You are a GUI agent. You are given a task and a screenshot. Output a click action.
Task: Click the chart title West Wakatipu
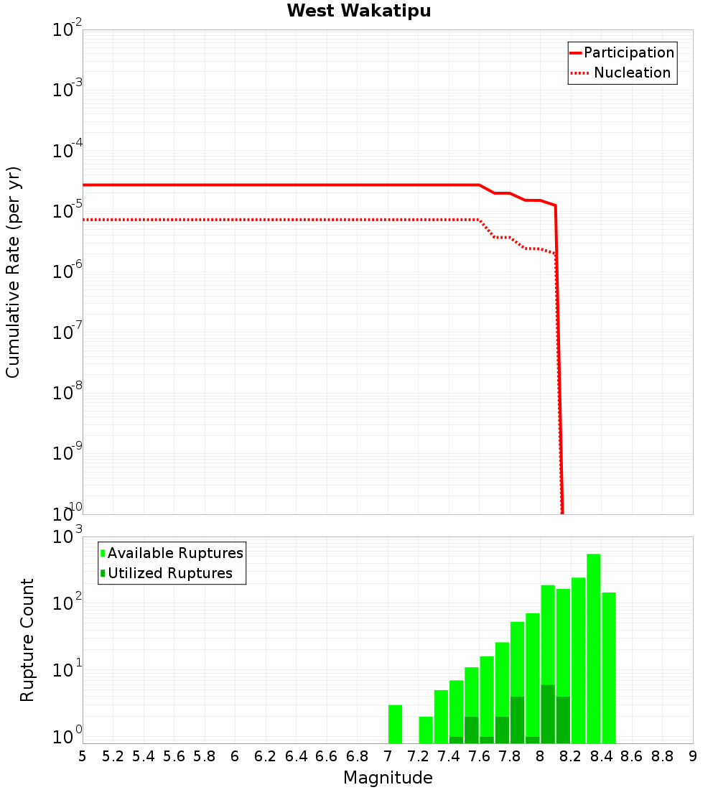coord(359,11)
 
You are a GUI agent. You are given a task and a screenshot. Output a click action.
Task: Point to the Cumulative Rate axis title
coord(13,271)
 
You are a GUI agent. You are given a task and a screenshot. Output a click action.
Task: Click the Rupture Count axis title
coord(27,639)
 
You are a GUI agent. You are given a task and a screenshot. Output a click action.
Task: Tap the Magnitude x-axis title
coord(388,778)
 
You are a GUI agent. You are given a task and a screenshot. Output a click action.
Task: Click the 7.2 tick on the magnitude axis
coord(418,756)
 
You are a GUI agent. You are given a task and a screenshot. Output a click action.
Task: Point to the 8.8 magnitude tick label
coord(662,756)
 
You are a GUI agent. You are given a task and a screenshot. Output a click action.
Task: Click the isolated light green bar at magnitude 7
coord(395,724)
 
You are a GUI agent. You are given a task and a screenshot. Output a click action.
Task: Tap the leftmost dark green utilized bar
coord(456,740)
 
